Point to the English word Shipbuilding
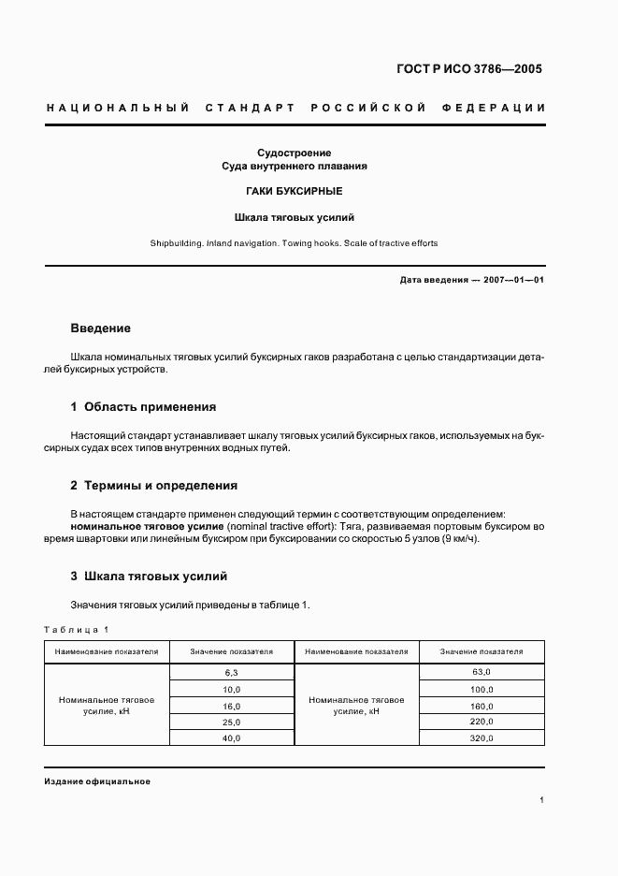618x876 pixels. (176, 243)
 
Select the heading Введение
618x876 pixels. (100, 328)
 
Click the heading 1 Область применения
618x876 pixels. (143, 407)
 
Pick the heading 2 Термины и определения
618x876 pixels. (154, 486)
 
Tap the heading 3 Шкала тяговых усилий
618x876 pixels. (149, 577)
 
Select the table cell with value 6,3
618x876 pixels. (232, 672)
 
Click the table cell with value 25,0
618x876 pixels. (232, 722)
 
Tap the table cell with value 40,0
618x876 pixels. (232, 738)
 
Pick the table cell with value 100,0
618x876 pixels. (481, 689)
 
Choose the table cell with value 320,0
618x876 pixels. (481, 738)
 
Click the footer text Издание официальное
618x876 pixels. (97, 781)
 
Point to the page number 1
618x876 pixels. (542, 800)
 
